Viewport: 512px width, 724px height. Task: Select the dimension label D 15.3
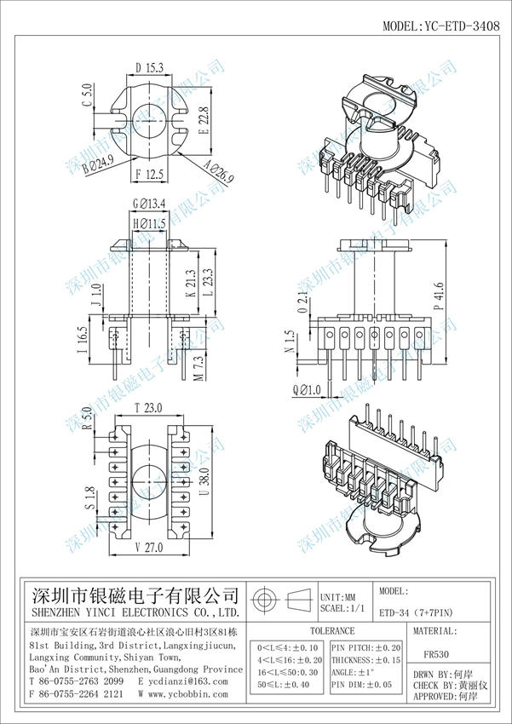coord(149,66)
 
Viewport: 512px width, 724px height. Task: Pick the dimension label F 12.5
coord(150,175)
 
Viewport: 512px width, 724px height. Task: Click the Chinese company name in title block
coord(135,594)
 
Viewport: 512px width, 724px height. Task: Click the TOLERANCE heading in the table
coord(331,631)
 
